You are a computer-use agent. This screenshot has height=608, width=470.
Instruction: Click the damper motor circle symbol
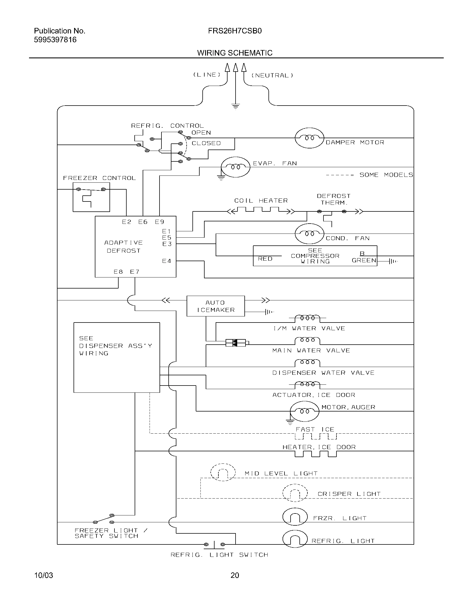point(309,138)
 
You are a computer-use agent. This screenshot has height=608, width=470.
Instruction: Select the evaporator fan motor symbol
point(235,167)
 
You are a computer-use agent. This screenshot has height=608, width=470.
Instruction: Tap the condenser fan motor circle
point(309,234)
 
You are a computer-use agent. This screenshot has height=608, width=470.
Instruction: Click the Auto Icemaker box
point(216,306)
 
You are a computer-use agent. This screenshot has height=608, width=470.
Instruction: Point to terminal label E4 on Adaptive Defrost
point(166,261)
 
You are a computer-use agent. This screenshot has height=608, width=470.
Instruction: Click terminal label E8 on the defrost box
point(118,272)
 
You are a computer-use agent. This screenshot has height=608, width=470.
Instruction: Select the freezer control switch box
point(91,197)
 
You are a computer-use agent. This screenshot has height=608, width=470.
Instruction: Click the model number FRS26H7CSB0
point(235,31)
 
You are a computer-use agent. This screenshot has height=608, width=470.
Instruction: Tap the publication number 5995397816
point(55,40)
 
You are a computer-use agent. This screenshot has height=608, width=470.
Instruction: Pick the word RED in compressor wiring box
point(265,259)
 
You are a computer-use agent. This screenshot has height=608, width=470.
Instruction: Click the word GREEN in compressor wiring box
point(364,260)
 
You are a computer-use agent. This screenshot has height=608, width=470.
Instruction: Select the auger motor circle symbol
point(304,411)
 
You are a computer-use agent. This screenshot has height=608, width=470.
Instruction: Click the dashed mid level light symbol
point(223,472)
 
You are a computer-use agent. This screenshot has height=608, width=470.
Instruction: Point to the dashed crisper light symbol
point(295,493)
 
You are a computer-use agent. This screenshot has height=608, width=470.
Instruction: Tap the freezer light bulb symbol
point(295,517)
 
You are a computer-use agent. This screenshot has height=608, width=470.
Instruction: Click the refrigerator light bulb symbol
point(295,539)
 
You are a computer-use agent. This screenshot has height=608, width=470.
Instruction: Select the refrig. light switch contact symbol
point(214,544)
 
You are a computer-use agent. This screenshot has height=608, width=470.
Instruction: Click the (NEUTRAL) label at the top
point(272,75)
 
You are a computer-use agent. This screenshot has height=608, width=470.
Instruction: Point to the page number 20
point(235,575)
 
